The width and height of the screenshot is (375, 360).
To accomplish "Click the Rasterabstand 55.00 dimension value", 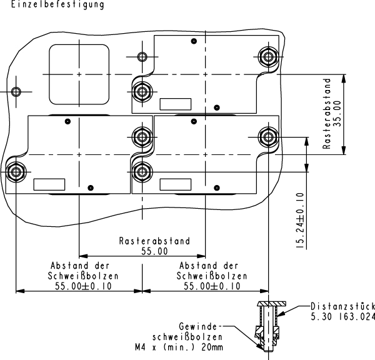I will click(x=154, y=252).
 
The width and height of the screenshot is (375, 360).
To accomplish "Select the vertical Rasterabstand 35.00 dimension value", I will click(x=338, y=112).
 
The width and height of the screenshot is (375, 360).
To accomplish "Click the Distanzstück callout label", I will click(x=343, y=306).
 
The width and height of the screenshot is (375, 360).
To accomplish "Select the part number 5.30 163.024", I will click(x=343, y=316).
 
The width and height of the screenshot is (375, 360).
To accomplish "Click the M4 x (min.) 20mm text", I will click(x=179, y=346).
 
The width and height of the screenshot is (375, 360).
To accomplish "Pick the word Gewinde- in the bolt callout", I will click(x=199, y=326).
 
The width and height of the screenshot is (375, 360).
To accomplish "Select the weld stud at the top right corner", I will click(x=268, y=56).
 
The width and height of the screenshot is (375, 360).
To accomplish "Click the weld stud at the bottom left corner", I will click(x=15, y=171).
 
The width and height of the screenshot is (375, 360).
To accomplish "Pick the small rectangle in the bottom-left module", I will click(x=49, y=184).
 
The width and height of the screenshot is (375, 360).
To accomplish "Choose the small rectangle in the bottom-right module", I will click(x=176, y=184).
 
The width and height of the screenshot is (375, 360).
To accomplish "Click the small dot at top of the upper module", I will click(x=194, y=41).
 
